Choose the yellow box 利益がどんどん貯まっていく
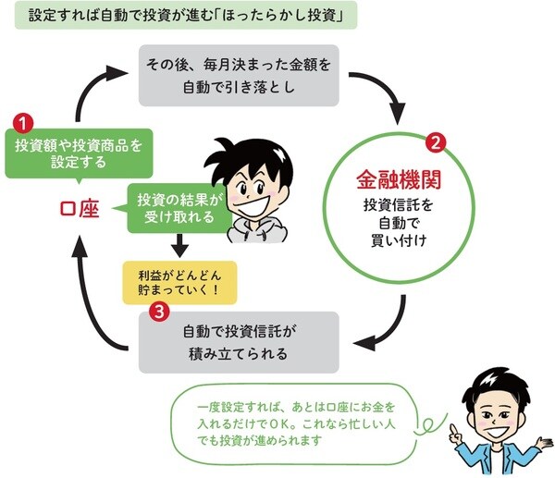179,281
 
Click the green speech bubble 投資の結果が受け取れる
175,209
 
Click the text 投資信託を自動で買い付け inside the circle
401,222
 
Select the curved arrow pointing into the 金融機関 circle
389,92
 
